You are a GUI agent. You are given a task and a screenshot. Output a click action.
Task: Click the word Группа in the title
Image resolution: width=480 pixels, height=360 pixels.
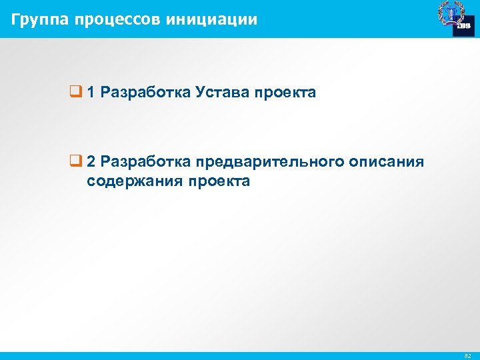40,19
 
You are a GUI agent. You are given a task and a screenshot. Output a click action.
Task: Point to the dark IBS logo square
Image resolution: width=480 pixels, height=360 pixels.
463,25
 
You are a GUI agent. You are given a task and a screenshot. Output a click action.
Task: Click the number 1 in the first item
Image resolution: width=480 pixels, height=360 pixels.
91,93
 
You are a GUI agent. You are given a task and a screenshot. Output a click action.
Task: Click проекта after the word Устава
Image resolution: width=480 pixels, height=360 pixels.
285,93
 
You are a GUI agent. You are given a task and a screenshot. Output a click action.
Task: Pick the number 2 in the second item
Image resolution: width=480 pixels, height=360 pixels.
91,162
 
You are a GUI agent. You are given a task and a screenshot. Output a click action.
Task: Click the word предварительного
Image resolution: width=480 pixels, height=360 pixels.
267,162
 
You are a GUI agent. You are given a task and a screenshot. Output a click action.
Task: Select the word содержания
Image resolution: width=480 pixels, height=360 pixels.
135,181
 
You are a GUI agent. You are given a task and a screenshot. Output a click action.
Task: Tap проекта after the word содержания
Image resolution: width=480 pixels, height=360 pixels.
219,181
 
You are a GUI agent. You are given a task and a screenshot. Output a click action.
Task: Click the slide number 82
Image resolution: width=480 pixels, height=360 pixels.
468,356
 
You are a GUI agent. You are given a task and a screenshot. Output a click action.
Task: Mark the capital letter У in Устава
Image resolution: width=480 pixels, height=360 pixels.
201,93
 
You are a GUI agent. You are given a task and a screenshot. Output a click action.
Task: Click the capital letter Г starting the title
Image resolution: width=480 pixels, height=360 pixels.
15,19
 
